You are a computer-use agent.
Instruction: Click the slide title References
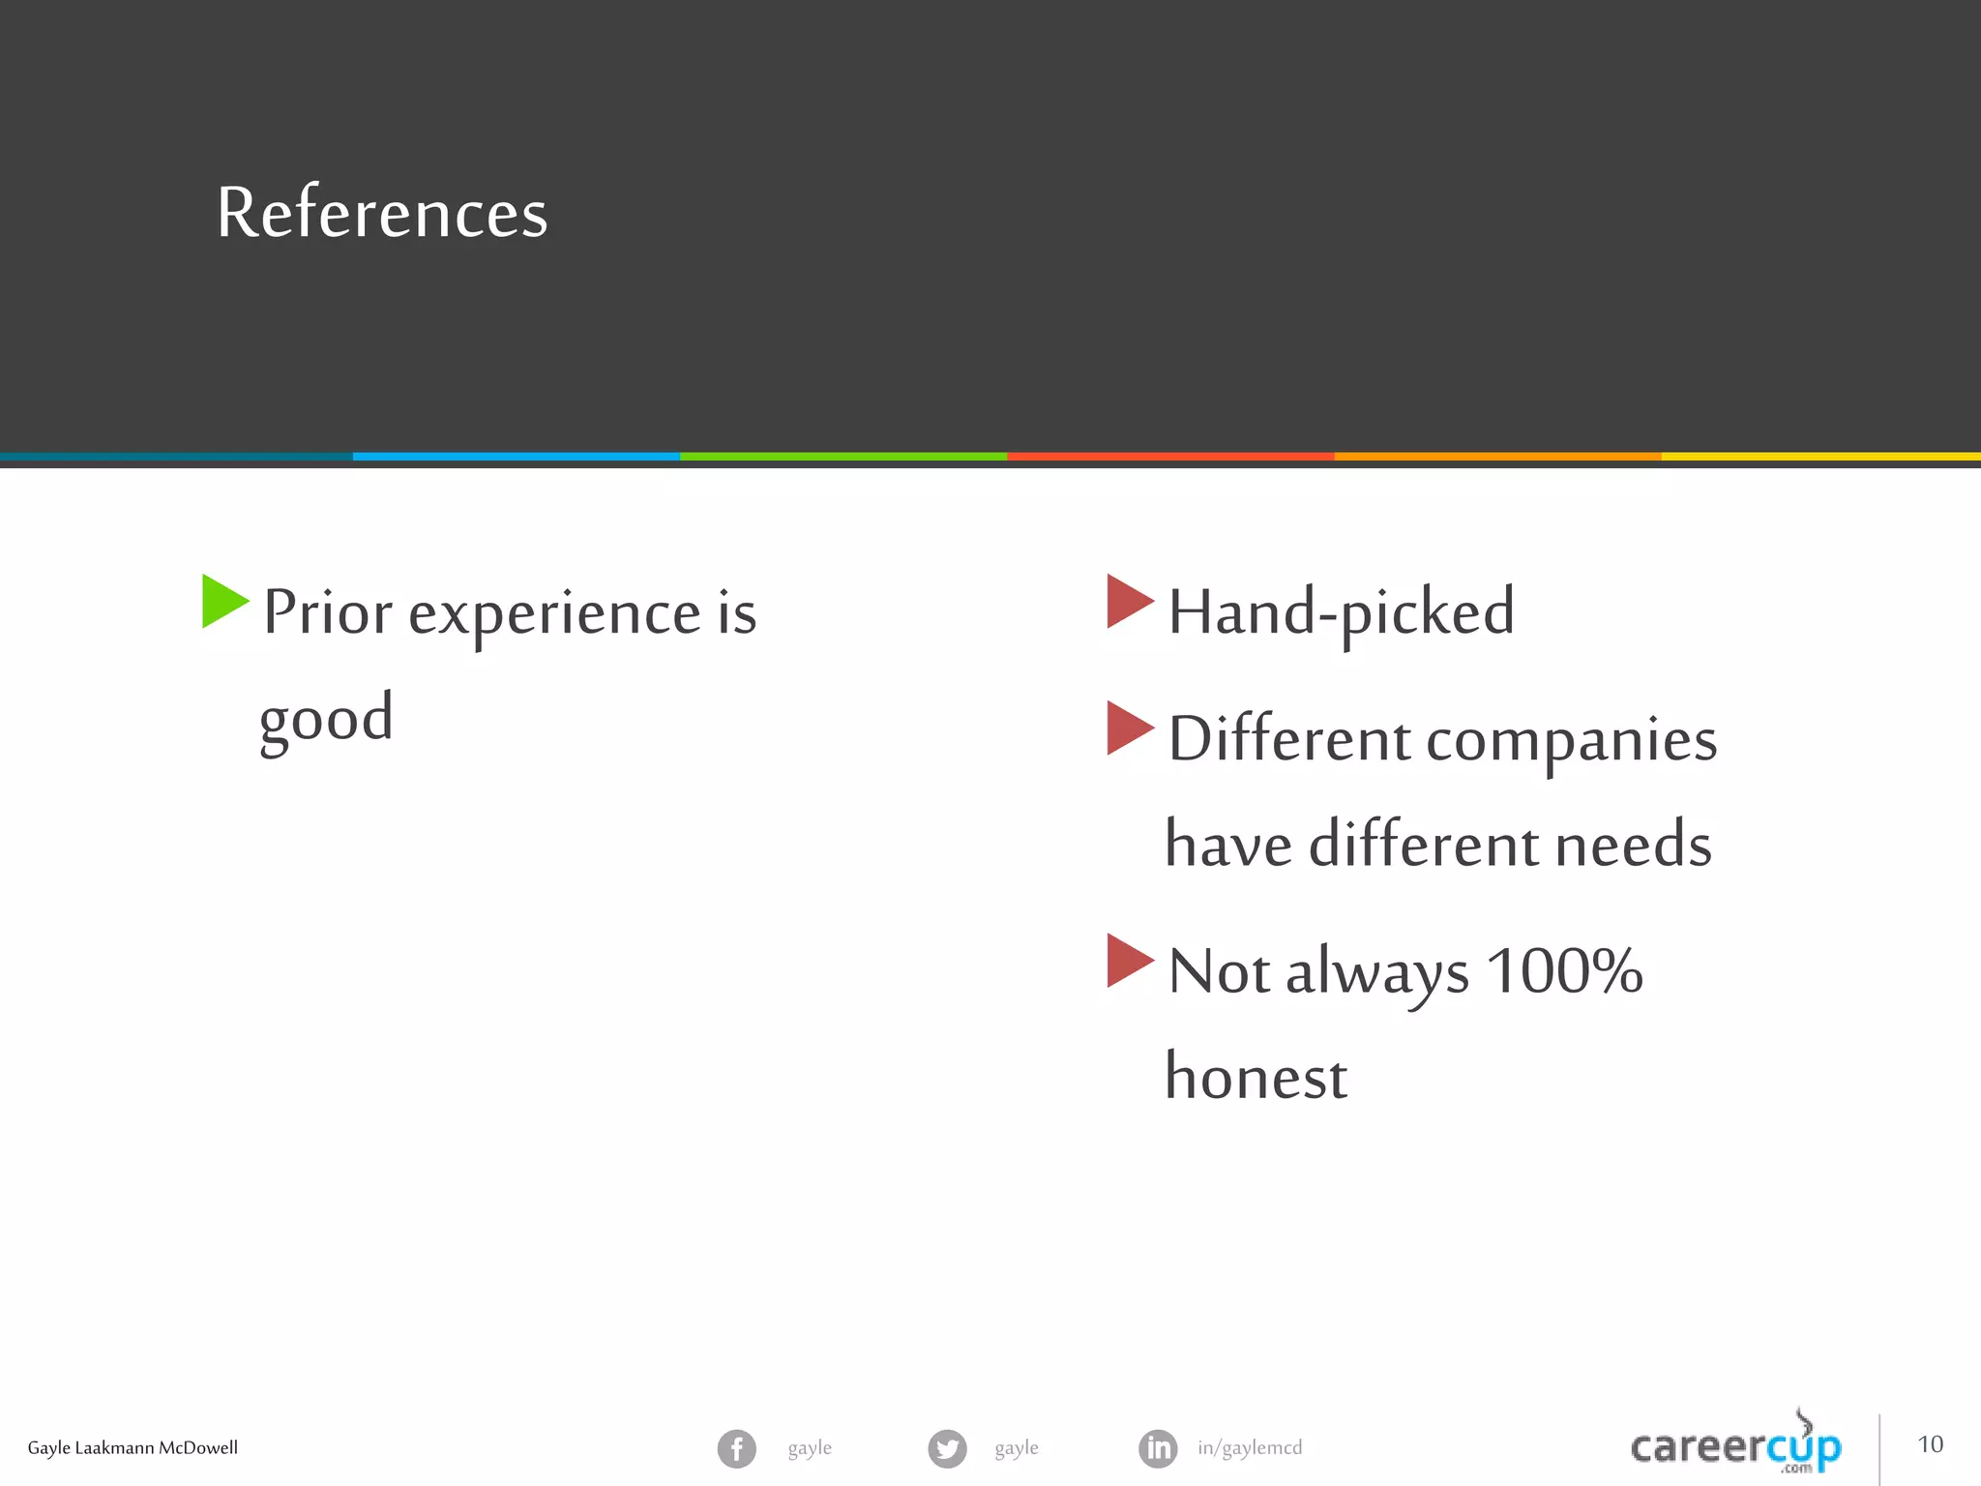[x=382, y=213]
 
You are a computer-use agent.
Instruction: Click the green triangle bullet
[x=223, y=601]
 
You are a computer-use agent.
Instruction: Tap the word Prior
[x=328, y=612]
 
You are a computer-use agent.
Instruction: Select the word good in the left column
[x=326, y=720]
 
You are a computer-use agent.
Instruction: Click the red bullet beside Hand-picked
[x=1128, y=601]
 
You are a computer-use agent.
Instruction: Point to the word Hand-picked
[x=1341, y=612]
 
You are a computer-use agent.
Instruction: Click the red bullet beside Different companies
[x=1128, y=728]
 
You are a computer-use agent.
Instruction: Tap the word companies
[x=1571, y=740]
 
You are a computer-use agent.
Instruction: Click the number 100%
[x=1563, y=970]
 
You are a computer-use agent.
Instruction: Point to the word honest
[x=1256, y=1077]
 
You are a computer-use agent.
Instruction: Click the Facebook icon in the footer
[x=736, y=1448]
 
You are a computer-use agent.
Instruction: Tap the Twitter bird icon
[x=947, y=1448]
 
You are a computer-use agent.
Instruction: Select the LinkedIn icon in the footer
[x=1158, y=1448]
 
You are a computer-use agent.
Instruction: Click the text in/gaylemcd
[x=1250, y=1448]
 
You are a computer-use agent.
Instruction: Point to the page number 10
[x=1930, y=1444]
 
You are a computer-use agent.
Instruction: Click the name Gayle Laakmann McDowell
[x=133, y=1448]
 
